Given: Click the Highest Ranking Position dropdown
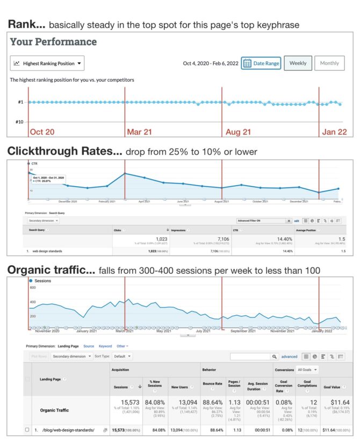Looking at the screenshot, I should (47, 63).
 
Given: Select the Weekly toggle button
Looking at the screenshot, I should (298, 63).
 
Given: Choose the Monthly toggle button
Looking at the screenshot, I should (329, 63).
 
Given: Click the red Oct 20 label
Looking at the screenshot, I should (42, 131).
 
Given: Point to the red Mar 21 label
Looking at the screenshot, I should (139, 131).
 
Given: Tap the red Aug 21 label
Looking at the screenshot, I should (237, 131).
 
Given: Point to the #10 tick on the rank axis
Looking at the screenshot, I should (19, 122).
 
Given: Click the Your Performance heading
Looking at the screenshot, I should (53, 42).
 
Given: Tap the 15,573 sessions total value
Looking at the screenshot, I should (128, 402).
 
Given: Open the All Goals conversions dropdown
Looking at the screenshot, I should (308, 370).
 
